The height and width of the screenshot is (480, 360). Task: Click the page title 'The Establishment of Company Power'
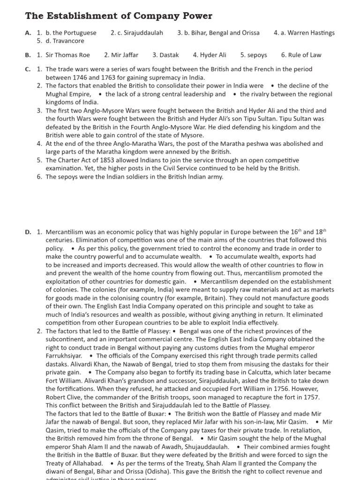point(119,16)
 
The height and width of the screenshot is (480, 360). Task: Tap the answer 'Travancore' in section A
point(68,41)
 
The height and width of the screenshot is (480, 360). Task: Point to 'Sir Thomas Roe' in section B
point(67,55)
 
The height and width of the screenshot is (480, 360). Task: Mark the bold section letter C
point(28,69)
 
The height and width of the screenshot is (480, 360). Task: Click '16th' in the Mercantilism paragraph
point(293,232)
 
